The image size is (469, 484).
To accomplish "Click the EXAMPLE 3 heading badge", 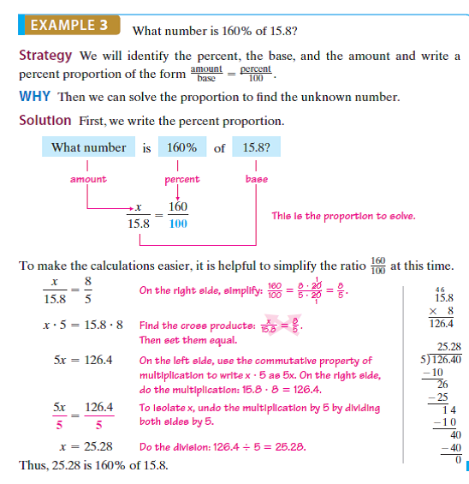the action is point(68,25).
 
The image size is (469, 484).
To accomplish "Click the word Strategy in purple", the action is point(45,57).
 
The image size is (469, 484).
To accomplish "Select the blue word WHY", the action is point(36,96).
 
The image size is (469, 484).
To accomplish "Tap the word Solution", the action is point(45,121).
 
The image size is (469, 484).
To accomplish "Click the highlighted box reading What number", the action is point(88,147).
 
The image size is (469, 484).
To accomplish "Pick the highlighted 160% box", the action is point(177,147).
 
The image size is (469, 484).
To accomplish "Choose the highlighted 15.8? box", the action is point(257,147).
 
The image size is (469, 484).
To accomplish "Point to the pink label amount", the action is point(88,179).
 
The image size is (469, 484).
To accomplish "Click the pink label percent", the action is point(181,179).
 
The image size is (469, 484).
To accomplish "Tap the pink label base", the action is point(256,179).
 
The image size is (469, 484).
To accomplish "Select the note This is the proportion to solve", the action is point(342,216).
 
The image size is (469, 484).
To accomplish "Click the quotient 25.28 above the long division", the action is point(449,347).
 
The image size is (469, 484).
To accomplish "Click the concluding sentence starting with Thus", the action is point(93,465).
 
